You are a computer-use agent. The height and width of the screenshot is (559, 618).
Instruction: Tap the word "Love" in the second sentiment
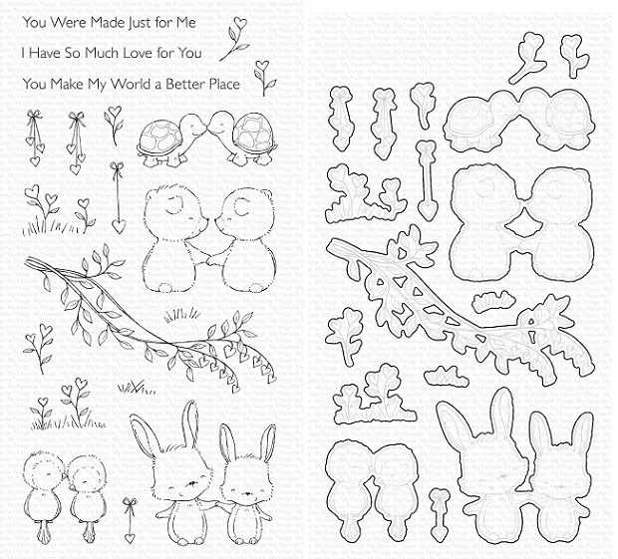tap(133, 53)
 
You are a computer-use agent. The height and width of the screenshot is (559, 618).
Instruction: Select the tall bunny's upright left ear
tap(192, 423)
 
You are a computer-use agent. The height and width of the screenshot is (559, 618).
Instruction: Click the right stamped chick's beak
tap(73, 487)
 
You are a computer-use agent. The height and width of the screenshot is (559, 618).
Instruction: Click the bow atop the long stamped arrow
tap(117, 167)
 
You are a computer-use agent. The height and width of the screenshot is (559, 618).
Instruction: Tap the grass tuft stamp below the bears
tap(181, 316)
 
